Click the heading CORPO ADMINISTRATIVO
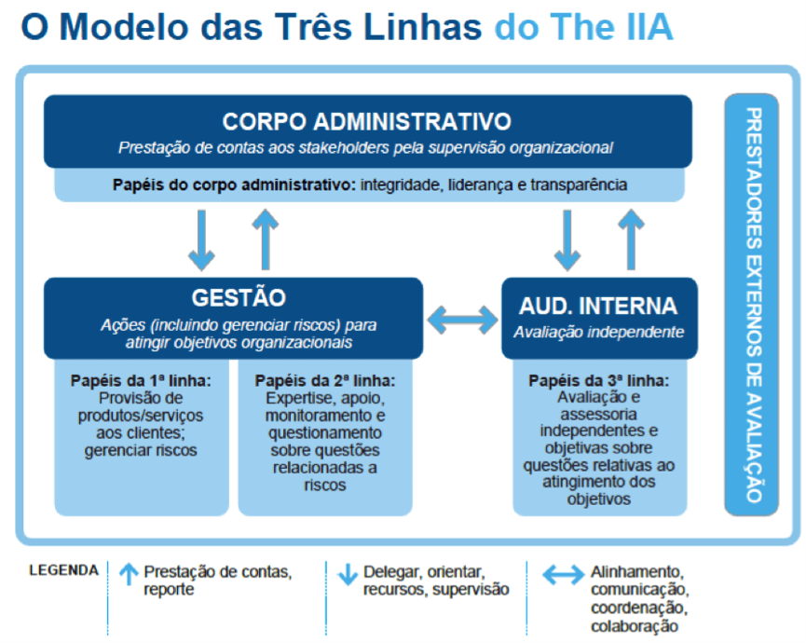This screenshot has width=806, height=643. click(x=366, y=122)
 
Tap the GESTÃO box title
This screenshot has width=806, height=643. click(x=239, y=296)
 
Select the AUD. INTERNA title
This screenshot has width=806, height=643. click(x=598, y=306)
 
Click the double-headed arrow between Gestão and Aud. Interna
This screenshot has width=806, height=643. click(x=462, y=320)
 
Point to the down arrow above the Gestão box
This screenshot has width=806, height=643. click(x=201, y=240)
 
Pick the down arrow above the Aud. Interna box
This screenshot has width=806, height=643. click(x=567, y=240)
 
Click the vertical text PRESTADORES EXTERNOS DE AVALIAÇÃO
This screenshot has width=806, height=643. click(x=753, y=305)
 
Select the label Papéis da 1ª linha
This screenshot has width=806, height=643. click(x=141, y=381)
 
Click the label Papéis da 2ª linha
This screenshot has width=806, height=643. click(x=325, y=381)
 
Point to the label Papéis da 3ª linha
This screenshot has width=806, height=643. click(x=599, y=381)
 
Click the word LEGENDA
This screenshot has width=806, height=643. click(x=63, y=570)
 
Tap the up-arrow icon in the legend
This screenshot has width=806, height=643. click(x=129, y=574)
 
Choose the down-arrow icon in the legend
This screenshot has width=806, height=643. click(x=348, y=574)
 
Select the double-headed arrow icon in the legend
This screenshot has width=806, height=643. click(x=564, y=575)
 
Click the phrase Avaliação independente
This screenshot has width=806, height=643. click(x=599, y=333)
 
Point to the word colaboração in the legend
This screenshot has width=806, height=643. click(x=635, y=626)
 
